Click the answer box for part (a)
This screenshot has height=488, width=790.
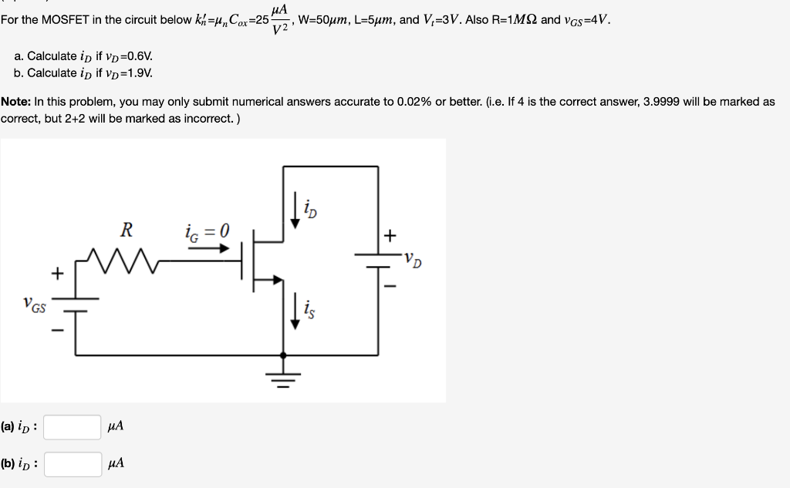coord(72,426)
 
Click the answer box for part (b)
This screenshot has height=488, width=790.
coord(72,463)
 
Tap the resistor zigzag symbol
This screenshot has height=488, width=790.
coord(124,261)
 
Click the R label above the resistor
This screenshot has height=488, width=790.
coord(127,230)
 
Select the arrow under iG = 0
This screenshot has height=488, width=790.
coord(209,248)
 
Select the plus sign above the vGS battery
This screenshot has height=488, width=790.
coord(56,273)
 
